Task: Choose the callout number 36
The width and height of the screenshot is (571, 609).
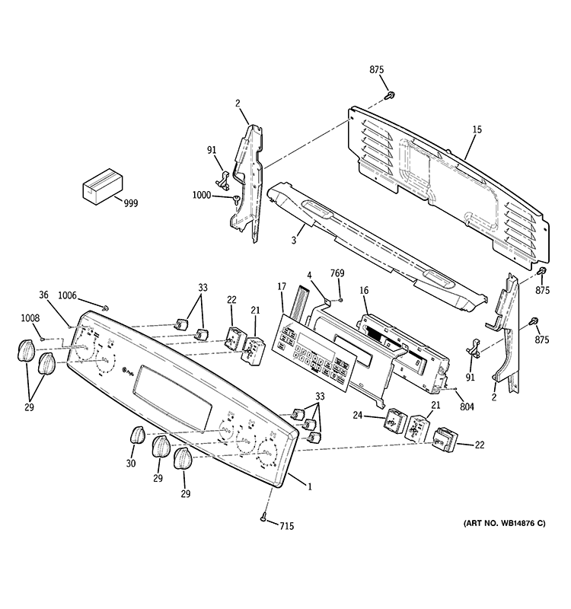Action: click(43, 296)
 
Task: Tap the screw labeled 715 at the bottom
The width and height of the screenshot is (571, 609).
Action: click(264, 518)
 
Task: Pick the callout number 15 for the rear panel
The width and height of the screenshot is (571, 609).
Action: click(477, 130)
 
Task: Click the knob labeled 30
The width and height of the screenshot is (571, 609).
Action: click(137, 436)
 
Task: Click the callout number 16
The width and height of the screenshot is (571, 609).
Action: click(364, 290)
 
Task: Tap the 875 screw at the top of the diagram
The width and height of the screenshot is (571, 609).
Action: click(390, 95)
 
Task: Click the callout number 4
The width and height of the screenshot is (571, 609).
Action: click(309, 275)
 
